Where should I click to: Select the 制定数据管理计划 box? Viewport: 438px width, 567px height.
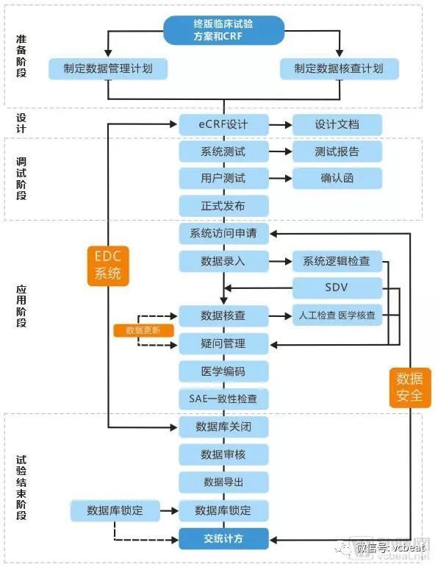point(108,68)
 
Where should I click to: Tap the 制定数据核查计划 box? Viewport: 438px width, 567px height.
point(339,68)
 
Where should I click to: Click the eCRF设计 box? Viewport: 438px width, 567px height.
point(223,124)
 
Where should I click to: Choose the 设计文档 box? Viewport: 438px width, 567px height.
point(337,124)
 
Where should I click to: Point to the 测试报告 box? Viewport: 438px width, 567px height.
point(337,152)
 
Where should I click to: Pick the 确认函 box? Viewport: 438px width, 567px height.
point(337,178)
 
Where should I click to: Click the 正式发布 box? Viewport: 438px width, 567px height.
point(223,205)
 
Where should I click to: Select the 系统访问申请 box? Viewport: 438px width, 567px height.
point(223,234)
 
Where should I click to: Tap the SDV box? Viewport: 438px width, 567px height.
point(337,288)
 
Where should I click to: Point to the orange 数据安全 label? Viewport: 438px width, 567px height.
point(409,387)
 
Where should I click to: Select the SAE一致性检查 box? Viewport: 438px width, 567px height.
point(223,399)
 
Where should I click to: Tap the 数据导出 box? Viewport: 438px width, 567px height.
point(223,482)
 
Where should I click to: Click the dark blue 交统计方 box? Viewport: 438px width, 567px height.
point(223,538)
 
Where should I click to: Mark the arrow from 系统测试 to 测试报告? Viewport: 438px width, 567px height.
point(280,152)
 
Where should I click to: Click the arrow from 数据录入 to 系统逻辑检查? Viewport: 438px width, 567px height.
point(280,261)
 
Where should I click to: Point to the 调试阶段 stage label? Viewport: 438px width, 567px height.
point(21,179)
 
